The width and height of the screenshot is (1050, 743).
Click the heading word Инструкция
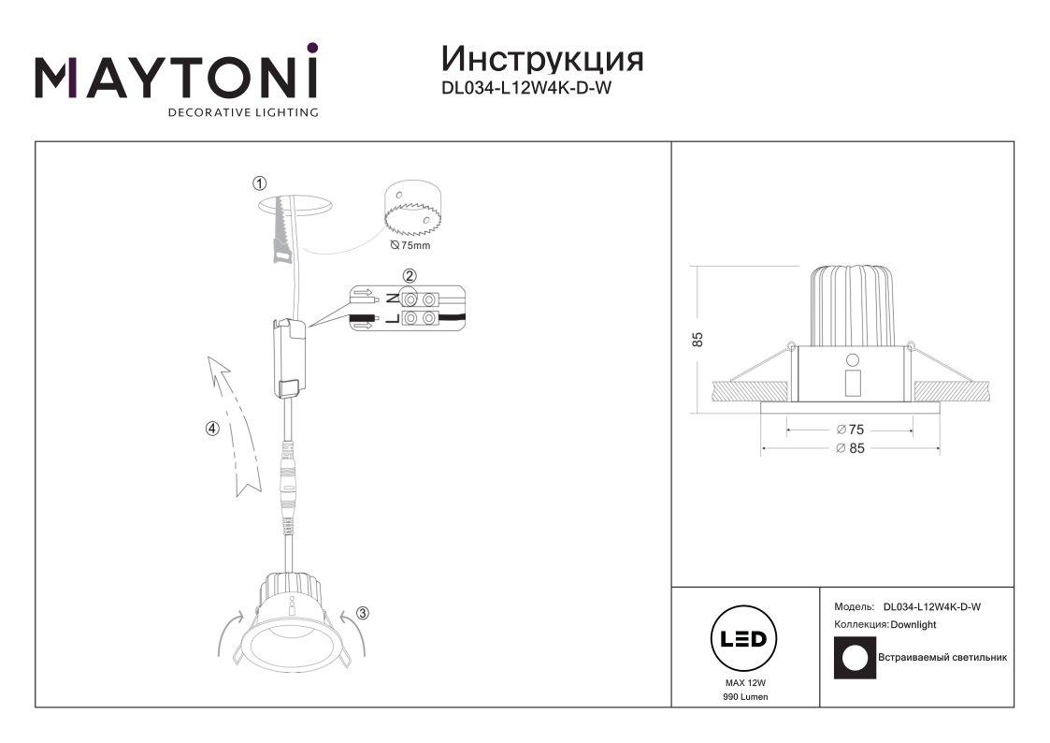[542, 59]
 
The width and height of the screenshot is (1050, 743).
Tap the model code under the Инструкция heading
[526, 87]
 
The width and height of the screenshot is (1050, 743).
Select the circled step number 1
[259, 182]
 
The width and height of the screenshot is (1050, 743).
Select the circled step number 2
[410, 275]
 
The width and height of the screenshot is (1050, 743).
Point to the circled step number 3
[362, 612]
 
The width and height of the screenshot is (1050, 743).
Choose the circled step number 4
[212, 428]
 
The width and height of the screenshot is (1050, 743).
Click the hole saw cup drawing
[412, 208]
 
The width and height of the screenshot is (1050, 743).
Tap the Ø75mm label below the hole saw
[410, 245]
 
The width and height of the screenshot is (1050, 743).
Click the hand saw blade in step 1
[282, 227]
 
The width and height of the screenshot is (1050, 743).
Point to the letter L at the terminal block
[393, 317]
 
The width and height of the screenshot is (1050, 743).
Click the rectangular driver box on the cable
[289, 358]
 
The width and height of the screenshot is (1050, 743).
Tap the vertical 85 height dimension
[698, 339]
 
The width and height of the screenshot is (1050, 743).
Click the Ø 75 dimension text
[851, 430]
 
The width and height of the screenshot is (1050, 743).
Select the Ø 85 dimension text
[851, 448]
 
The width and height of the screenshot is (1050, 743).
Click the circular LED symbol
[743, 638]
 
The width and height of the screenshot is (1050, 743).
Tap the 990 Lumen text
[745, 697]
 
